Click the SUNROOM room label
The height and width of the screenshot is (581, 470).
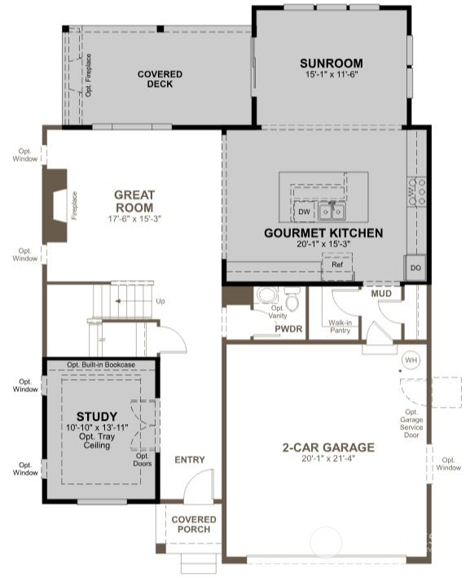click(x=331, y=63)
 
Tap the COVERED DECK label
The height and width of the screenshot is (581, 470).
click(x=160, y=79)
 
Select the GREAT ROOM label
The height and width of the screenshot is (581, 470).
click(x=134, y=200)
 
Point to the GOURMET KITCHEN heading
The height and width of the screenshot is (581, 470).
click(x=323, y=233)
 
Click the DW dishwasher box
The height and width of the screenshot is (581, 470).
click(x=304, y=212)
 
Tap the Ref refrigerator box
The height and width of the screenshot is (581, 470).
click(x=336, y=264)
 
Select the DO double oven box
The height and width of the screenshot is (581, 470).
click(x=415, y=268)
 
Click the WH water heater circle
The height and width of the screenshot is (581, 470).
click(x=411, y=359)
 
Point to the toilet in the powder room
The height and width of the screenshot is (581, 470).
click(x=265, y=298)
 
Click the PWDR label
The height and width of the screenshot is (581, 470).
click(x=266, y=330)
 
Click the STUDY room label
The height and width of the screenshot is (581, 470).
click(x=97, y=416)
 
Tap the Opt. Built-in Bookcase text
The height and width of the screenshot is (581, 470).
click(x=101, y=364)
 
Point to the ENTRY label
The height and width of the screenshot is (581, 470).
click(x=190, y=460)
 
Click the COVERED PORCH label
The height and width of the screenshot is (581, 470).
click(x=194, y=524)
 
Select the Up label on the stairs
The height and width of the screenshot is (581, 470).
click(x=160, y=301)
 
